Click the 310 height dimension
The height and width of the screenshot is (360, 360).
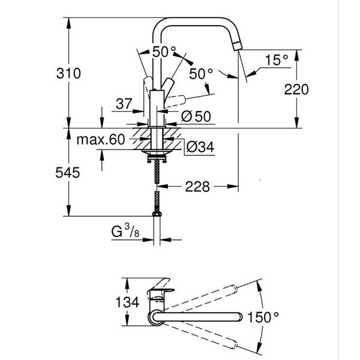point(68,73)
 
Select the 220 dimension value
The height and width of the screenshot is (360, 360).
point(296,89)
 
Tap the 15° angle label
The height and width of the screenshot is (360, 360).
point(277,60)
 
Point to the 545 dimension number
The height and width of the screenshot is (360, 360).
point(67,172)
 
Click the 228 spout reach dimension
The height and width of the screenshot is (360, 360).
point(197,187)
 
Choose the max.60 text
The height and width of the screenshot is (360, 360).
point(101,139)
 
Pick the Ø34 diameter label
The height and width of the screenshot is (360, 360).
point(200,147)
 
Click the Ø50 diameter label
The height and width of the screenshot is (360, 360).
point(196,116)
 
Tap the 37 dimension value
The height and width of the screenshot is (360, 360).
point(124,104)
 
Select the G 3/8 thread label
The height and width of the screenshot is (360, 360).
point(125,231)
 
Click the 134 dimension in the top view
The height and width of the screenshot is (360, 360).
point(127,302)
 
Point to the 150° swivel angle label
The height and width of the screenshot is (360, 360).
point(263,317)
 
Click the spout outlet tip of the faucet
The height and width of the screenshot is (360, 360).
point(238,46)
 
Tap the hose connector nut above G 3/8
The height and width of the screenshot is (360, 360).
point(157,214)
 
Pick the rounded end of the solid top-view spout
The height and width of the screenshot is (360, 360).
point(239,316)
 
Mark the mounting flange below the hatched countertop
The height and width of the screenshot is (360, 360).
point(157,152)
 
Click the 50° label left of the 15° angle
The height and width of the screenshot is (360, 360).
point(201,74)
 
